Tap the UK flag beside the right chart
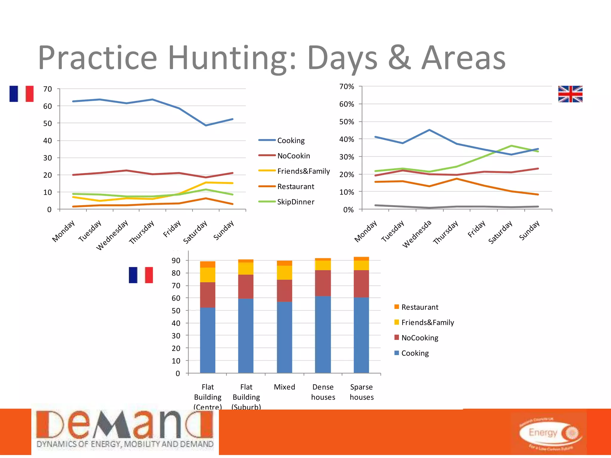570,94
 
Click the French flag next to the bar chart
141,275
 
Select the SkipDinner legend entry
295,202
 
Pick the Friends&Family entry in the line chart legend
303,171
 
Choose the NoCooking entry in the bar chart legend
419,338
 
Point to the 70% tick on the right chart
347,87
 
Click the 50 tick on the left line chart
47,123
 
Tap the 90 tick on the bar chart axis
176,261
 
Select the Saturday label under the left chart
195,232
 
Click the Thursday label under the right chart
445,232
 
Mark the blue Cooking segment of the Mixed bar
284,337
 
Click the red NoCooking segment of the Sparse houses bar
361,284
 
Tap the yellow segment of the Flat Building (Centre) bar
208,275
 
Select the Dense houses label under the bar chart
323,392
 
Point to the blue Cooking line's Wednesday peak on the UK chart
429,130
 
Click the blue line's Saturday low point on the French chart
206,125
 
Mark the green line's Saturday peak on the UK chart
511,146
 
